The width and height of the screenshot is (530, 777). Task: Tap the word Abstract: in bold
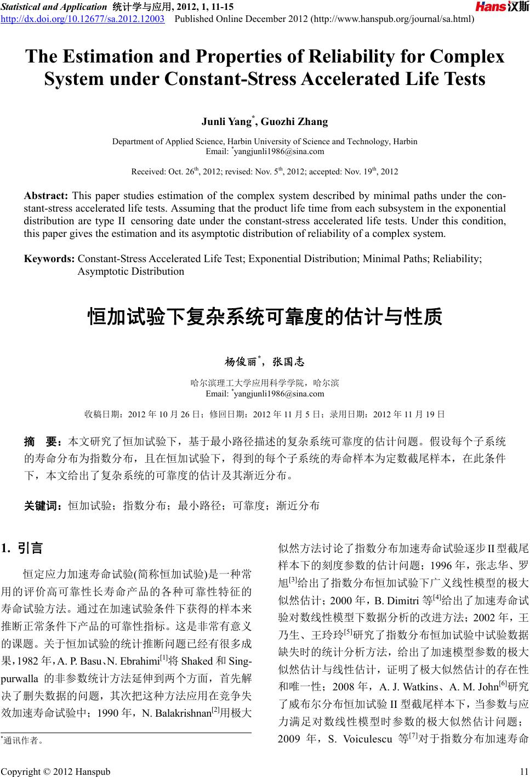[x=46, y=196]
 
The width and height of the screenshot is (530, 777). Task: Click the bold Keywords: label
[x=49, y=258]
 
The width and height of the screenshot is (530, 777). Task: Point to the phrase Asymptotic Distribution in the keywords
[x=131, y=271]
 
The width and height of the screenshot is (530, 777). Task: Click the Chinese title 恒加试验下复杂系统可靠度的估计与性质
[x=265, y=317]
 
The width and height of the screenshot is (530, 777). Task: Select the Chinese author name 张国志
[x=288, y=362]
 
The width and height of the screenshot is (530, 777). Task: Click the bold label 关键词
[x=44, y=506]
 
